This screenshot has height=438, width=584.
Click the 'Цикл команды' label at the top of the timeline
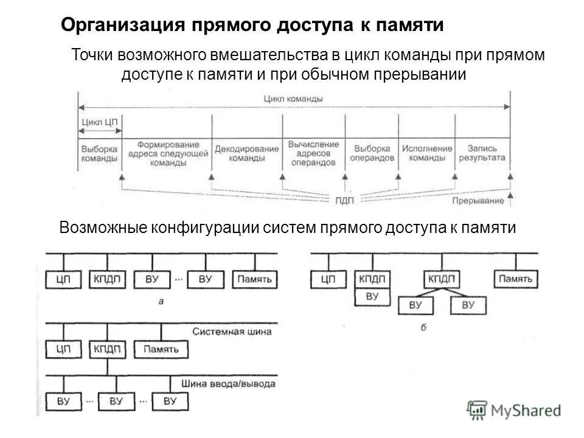click(293, 98)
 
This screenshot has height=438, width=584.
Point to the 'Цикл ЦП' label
click(100, 120)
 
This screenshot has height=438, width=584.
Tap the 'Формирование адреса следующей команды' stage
click(168, 153)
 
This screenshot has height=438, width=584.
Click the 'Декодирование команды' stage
click(246, 153)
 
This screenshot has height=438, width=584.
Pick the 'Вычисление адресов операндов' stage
click(313, 153)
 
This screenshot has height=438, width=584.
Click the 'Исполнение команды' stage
click(426, 153)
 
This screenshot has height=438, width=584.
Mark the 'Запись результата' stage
click(482, 152)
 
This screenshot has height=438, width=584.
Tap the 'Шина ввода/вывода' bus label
click(228, 384)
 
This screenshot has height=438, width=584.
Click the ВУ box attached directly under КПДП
click(373, 297)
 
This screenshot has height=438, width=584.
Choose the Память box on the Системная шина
click(161, 350)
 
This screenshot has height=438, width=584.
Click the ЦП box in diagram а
click(64, 280)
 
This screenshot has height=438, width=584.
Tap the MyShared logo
click(514, 411)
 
